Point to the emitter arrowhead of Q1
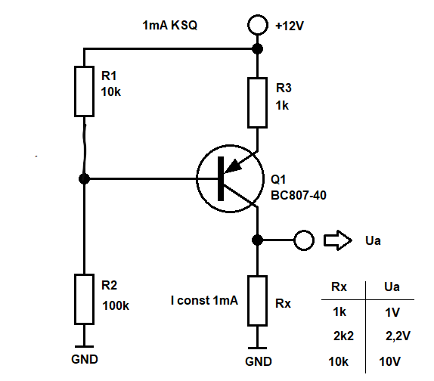tap(233, 166)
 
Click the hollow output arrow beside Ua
tap(338, 240)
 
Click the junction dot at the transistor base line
tap(84, 178)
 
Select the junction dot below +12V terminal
tap(258, 49)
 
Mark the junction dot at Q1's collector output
tap(257, 240)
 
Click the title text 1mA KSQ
tap(169, 25)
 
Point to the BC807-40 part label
tap(299, 195)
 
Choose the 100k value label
tap(116, 305)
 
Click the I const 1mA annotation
tap(204, 300)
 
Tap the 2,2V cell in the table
tap(398, 336)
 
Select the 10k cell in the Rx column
tap(338, 361)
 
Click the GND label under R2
tap(85, 359)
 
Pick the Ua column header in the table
tap(392, 287)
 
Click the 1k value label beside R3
tap(282, 105)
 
